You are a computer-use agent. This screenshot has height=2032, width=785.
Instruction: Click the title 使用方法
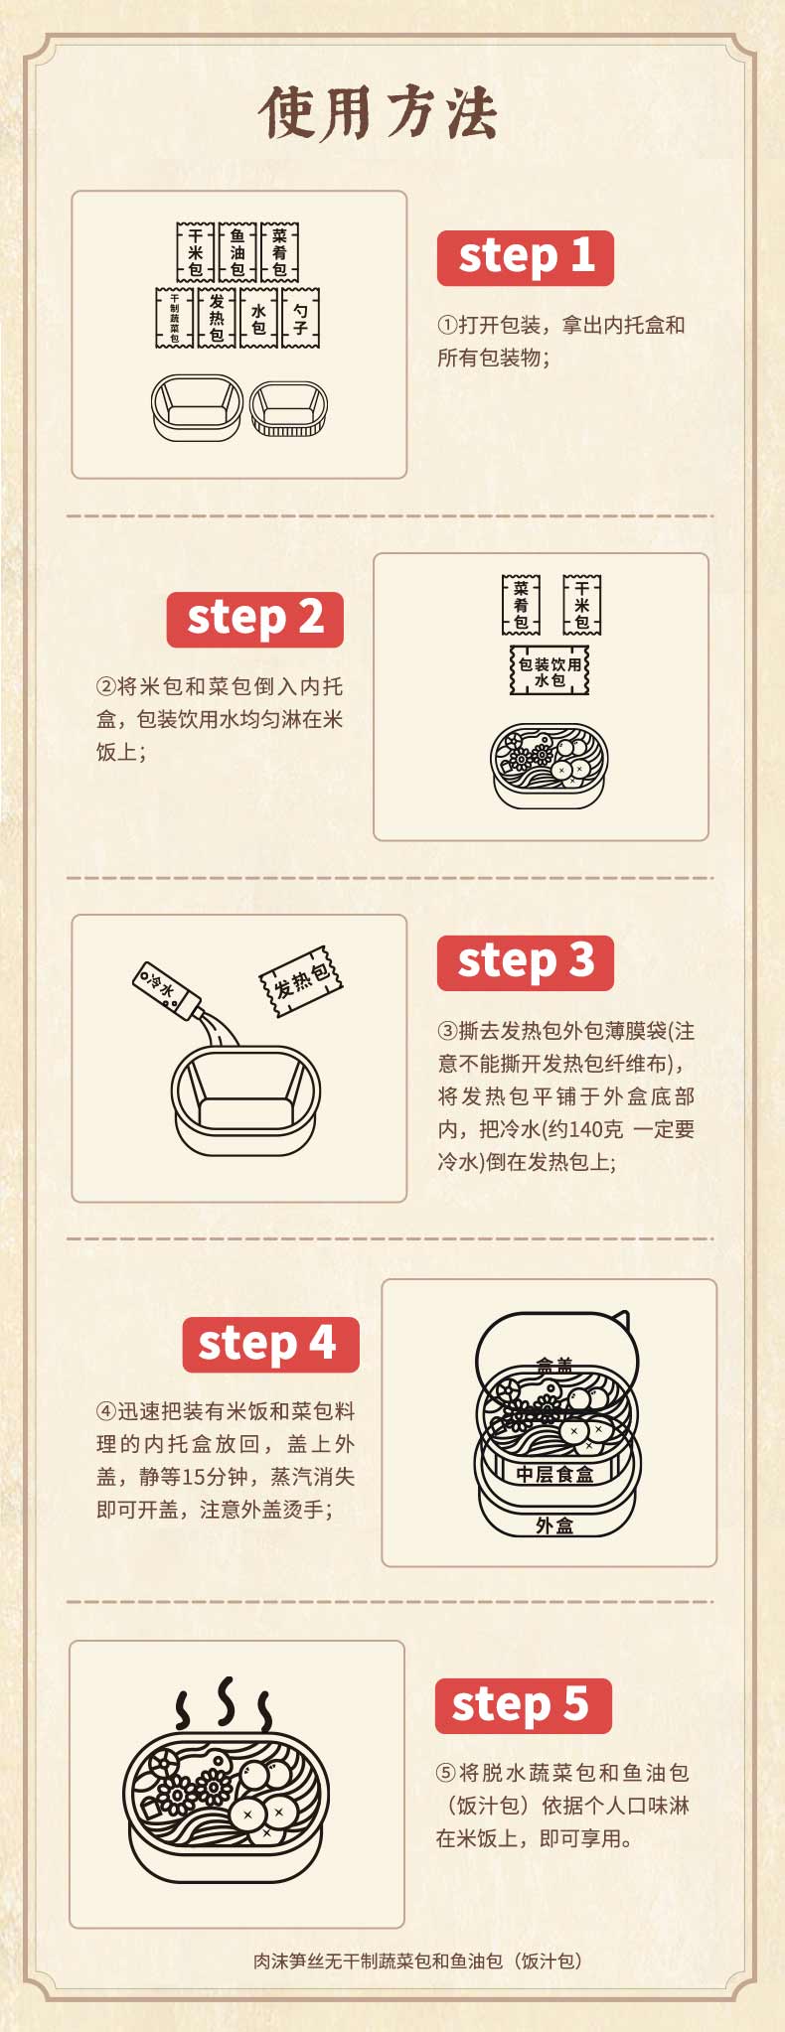click(x=378, y=112)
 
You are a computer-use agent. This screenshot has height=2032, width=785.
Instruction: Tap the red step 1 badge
click(x=526, y=258)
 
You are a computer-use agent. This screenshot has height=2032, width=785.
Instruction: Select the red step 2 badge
click(x=255, y=620)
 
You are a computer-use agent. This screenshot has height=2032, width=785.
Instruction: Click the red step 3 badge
click(x=526, y=963)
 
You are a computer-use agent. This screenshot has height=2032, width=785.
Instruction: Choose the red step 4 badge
click(x=270, y=1345)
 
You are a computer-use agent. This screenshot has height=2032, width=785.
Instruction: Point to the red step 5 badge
click(x=523, y=1706)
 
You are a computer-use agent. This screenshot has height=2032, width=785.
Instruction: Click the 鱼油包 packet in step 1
click(x=237, y=252)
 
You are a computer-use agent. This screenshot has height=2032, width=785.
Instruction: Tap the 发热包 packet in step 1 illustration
click(x=217, y=318)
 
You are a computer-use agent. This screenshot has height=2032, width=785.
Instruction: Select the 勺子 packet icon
click(x=300, y=318)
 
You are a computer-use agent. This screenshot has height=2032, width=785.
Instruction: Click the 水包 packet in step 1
click(x=258, y=318)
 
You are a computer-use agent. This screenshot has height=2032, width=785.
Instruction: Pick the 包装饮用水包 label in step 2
click(x=549, y=671)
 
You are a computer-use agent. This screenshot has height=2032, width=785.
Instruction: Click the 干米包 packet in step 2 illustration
click(x=581, y=605)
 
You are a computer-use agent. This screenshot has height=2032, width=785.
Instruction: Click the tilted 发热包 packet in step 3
click(x=301, y=980)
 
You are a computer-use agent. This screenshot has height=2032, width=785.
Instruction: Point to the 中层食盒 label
click(x=554, y=1474)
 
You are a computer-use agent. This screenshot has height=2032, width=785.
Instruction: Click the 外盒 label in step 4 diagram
click(x=554, y=1525)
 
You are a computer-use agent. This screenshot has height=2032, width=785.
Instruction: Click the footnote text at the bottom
click(x=417, y=1960)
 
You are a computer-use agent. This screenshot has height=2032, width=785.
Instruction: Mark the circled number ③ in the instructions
click(x=447, y=1031)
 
